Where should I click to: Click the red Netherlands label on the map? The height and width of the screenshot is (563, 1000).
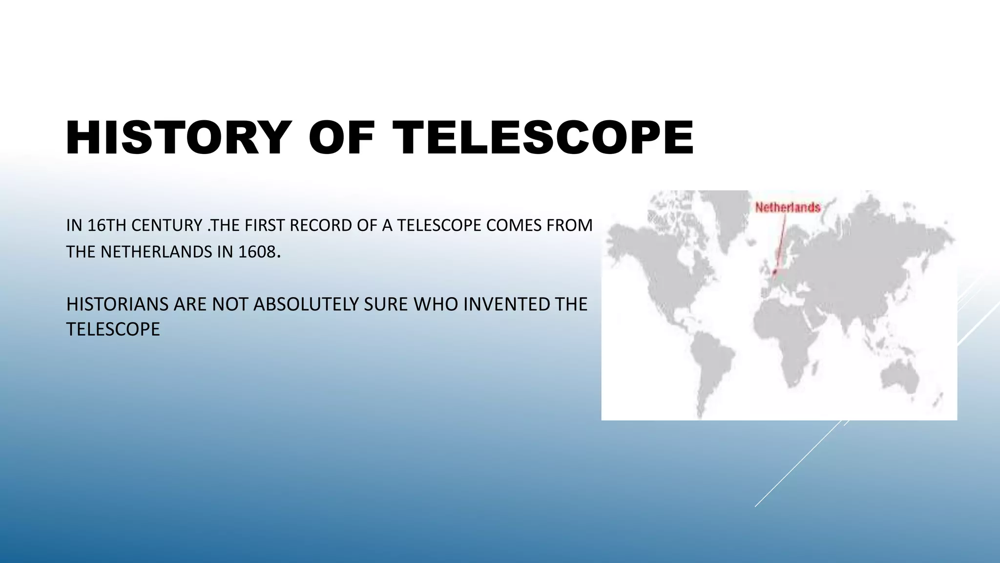(788, 208)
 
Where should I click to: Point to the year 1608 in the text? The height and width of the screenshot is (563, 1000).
(257, 252)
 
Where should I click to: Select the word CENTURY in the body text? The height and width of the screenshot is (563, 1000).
(167, 225)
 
